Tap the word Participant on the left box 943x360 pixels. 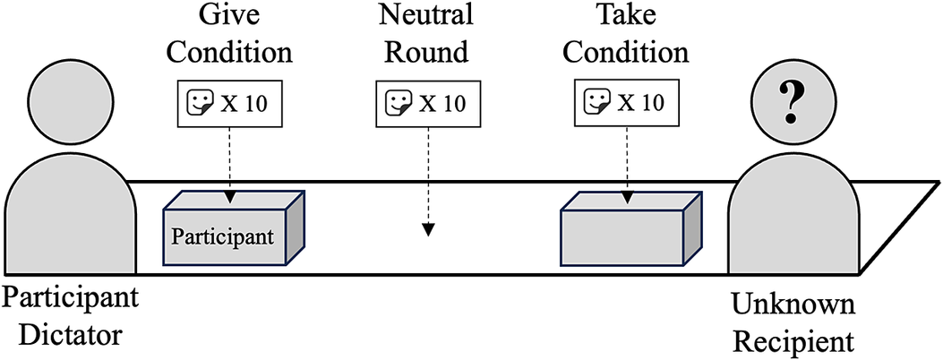click(222, 238)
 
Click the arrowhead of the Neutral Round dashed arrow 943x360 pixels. click(428, 230)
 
